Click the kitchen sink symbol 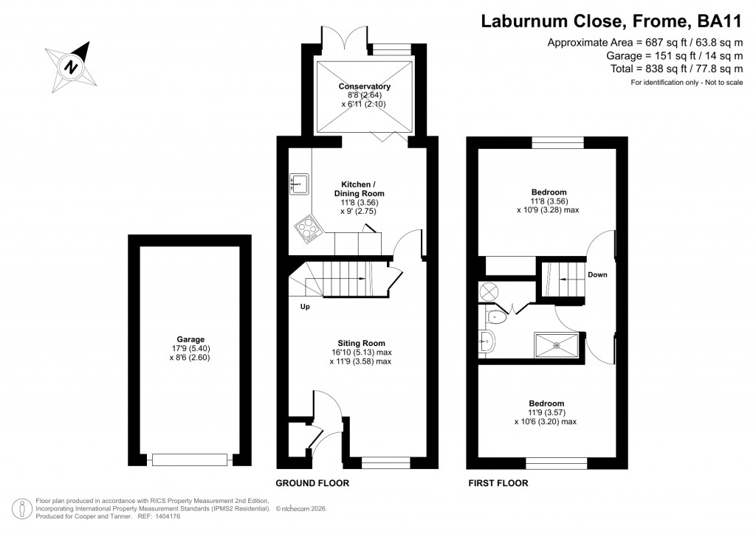coord(299,182)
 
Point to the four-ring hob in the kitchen coord(308,230)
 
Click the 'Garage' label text coord(190,339)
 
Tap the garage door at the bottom coord(189,460)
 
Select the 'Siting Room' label coord(362,343)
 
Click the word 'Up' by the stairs coord(305,306)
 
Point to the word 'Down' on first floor coord(597,275)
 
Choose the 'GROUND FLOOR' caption coord(312,484)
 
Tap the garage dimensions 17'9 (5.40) coord(190,348)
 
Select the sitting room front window coord(385,462)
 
